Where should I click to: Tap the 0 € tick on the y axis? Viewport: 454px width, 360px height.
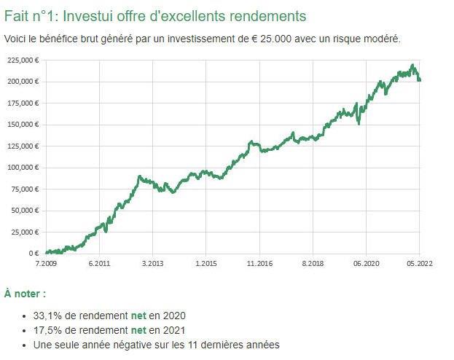point(33,254)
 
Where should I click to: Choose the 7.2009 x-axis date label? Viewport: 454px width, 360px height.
point(46,263)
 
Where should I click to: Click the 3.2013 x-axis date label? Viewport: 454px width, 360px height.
point(152,263)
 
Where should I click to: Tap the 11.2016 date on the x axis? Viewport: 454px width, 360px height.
point(259,263)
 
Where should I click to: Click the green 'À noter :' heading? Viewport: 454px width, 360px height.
point(25,294)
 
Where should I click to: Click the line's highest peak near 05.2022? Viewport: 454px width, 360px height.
point(412,66)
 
